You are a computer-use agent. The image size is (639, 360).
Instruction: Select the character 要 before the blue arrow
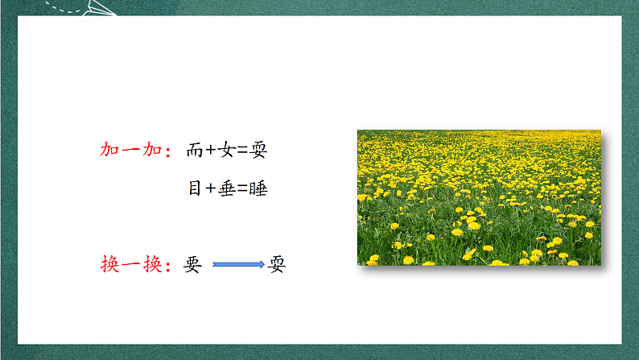(x=193, y=265)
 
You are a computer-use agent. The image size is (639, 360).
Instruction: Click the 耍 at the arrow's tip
(x=277, y=265)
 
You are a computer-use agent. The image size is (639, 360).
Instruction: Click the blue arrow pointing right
(x=238, y=264)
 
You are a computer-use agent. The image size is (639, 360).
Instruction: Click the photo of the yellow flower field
(x=479, y=197)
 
